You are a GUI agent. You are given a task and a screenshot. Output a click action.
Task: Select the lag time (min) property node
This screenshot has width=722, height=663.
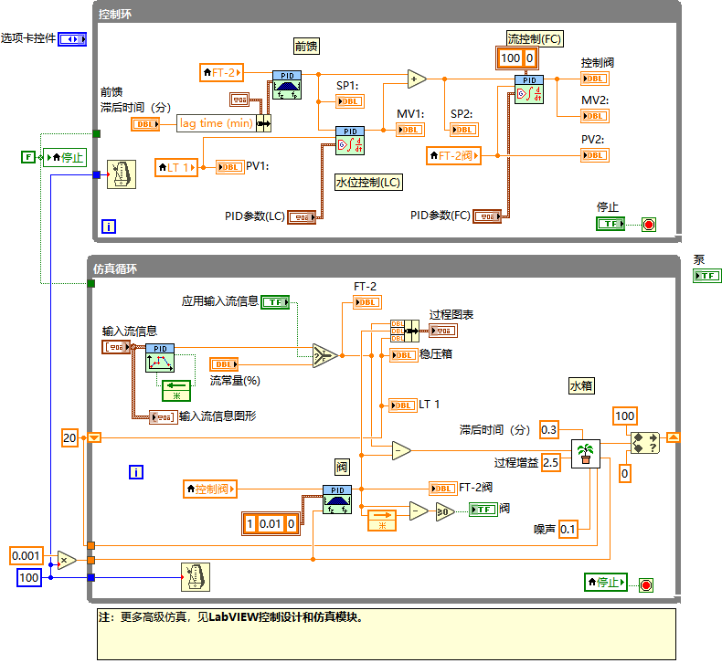216,123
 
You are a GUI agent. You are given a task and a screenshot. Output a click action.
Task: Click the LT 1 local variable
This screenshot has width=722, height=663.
176,167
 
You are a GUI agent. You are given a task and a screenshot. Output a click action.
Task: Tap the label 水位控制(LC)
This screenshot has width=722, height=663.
369,182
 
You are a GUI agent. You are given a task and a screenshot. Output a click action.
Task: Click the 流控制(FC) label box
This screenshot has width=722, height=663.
535,38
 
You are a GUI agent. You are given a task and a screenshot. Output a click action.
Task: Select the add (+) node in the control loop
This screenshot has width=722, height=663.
417,79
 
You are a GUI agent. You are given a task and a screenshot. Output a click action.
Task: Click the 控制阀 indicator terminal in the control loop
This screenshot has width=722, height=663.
595,78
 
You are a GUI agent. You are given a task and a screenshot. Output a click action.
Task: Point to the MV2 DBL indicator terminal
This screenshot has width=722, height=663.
595,116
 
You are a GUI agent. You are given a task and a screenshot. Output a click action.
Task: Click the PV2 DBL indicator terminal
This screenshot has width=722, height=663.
595,155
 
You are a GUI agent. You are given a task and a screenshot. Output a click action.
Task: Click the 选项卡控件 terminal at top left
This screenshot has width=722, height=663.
72,39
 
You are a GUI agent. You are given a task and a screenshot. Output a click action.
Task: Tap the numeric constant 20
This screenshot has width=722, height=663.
70,437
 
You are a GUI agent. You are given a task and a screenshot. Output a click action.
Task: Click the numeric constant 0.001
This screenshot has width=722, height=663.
26,555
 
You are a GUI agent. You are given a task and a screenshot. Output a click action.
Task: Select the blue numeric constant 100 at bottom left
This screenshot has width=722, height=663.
29,577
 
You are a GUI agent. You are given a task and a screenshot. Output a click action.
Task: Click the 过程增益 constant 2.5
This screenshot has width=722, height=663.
550,462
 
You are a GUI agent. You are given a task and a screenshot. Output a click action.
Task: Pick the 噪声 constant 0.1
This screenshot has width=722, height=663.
568,529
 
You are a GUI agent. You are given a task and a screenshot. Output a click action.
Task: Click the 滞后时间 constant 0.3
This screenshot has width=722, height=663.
549,429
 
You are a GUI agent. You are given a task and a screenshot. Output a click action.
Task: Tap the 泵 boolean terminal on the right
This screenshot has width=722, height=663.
706,276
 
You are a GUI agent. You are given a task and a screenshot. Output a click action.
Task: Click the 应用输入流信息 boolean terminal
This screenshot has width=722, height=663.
276,301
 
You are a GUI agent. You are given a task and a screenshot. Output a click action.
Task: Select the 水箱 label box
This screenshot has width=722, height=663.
582,386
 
